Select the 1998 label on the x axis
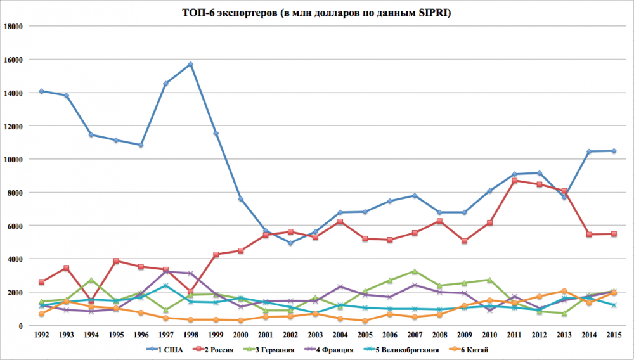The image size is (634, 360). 190,335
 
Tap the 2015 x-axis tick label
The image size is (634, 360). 613,335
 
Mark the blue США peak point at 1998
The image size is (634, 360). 190,64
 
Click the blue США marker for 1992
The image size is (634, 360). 41,91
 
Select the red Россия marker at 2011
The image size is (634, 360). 514,181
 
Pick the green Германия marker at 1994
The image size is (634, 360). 91,280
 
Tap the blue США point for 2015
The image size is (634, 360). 613,151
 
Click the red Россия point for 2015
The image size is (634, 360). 613,234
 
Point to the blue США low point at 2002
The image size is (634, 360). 290,243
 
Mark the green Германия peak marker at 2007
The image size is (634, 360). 414,271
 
